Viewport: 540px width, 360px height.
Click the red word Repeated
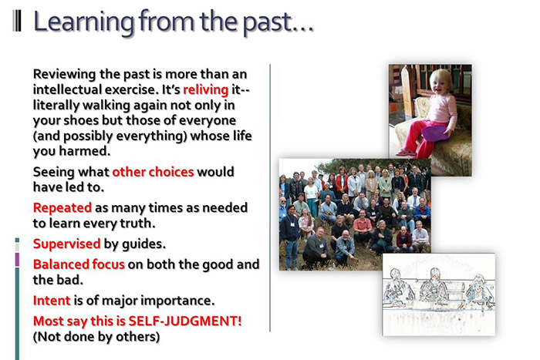click(62, 207)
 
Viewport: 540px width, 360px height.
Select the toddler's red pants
click(420, 139)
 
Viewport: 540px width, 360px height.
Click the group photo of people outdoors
click(354, 212)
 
